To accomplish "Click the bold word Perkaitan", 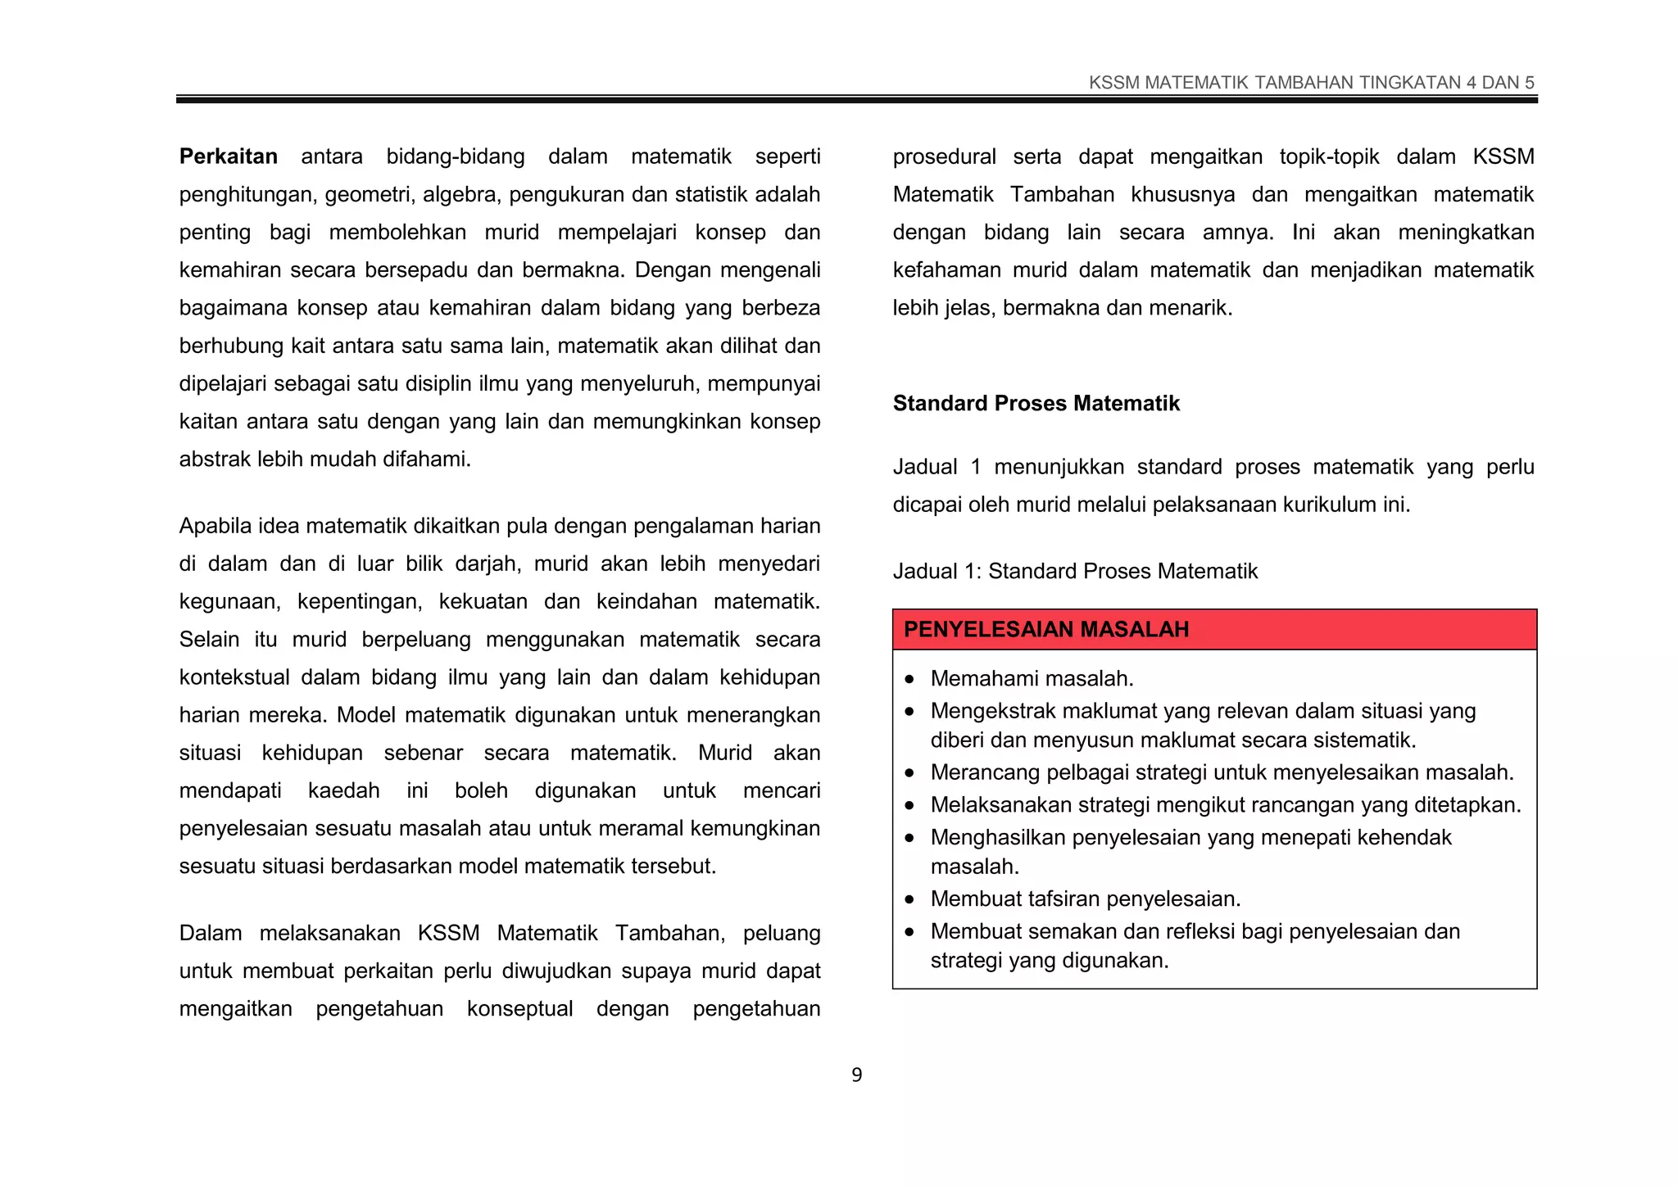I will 228,156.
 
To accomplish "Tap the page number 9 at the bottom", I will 856,1075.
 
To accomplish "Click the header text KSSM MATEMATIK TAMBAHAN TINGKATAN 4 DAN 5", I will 1311,83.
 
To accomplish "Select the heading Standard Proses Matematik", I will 1036,403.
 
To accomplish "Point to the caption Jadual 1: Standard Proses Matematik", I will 1074,571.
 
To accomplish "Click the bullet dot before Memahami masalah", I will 909,680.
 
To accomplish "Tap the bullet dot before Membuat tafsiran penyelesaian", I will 909,900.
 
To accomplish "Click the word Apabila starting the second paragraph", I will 215,526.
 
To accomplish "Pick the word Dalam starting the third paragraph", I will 210,933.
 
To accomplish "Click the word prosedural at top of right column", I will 944,156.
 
